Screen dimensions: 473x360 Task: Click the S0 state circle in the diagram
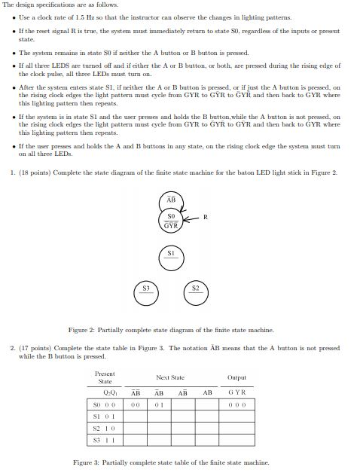(171, 219)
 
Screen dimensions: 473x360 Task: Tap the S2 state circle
(195, 291)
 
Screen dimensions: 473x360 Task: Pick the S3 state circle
(146, 291)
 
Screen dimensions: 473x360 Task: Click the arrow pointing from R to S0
(192, 218)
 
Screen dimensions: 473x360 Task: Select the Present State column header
(105, 377)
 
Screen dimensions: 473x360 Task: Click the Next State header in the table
(170, 377)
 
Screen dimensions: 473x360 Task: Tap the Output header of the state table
(236, 377)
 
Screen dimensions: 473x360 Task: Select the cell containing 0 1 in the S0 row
(159, 404)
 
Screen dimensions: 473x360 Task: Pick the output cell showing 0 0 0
(236, 404)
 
